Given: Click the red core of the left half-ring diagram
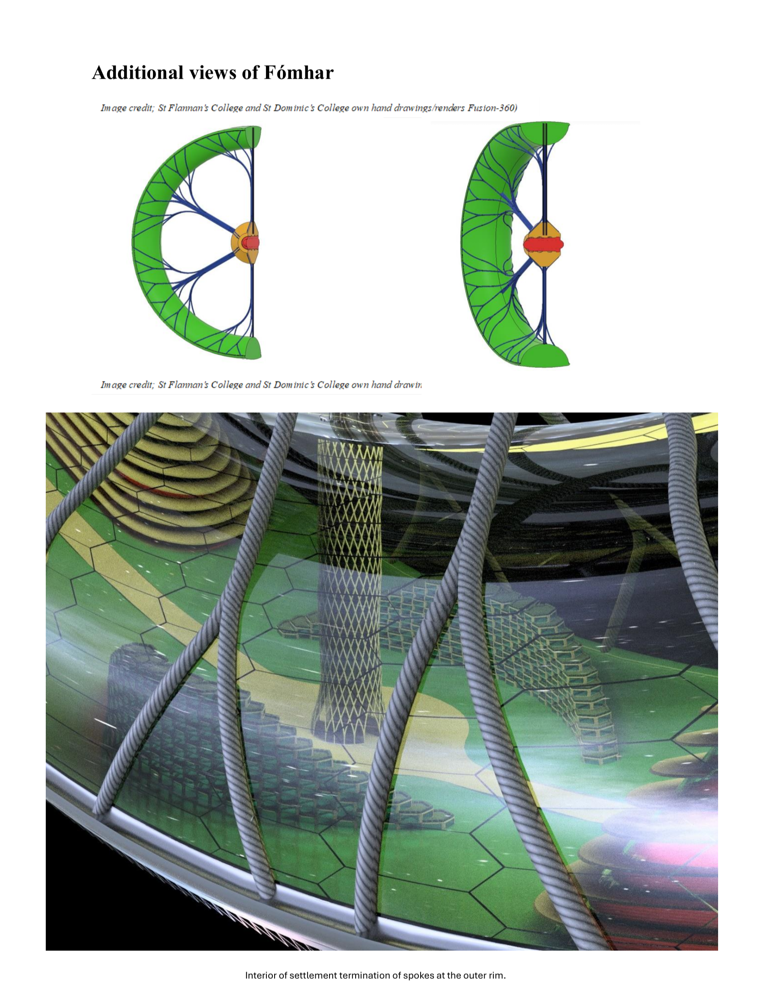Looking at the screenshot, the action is [250, 243].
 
